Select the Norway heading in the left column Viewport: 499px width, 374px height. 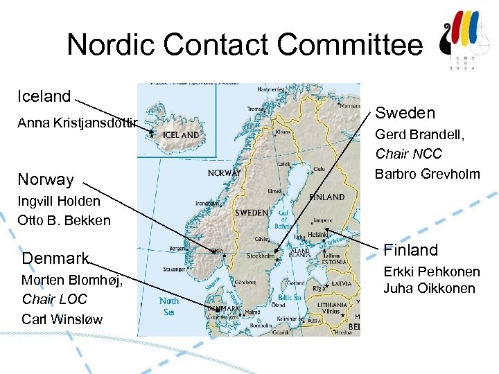tap(46, 179)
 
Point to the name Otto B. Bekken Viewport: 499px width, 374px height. tap(66, 221)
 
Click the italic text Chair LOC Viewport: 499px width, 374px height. tap(55, 299)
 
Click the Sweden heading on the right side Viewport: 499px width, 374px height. tap(405, 113)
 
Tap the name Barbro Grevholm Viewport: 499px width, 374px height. tap(428, 174)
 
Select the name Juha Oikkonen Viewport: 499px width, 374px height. tap(429, 288)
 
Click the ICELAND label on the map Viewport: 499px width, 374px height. tap(180, 134)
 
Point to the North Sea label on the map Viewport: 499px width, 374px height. tap(169, 305)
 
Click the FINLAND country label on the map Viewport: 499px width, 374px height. tap(326, 197)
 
